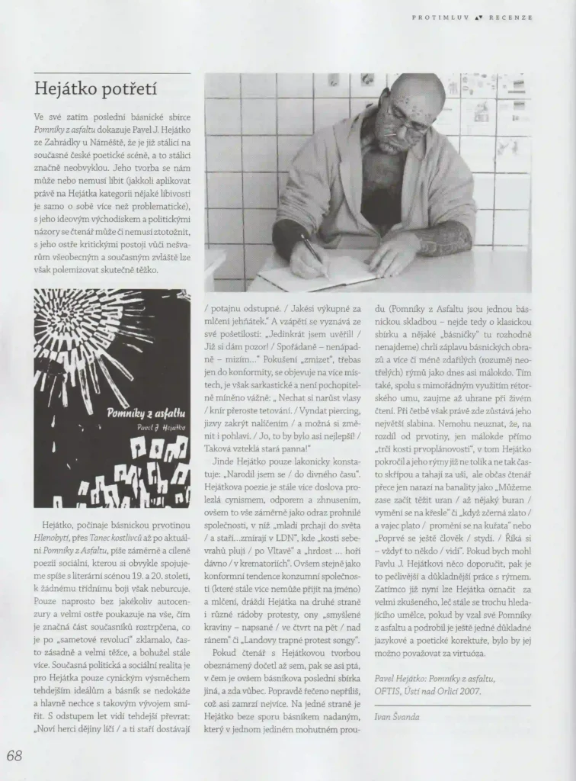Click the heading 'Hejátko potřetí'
point(96,88)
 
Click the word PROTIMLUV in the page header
point(437,17)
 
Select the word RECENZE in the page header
point(510,17)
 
